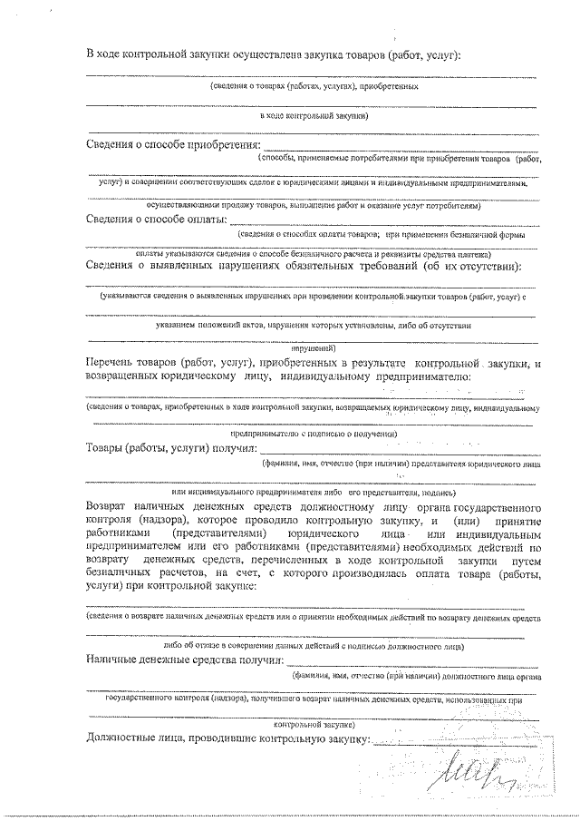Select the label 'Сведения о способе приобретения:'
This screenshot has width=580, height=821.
pos(172,145)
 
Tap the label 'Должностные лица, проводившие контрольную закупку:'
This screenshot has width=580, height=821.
pos(227,739)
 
